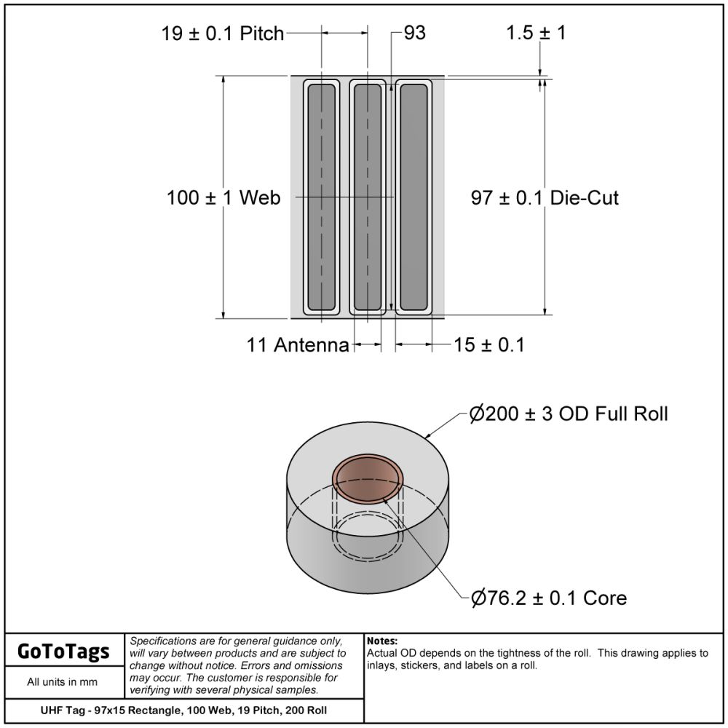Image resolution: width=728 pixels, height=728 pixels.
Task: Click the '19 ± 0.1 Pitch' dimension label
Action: point(222,33)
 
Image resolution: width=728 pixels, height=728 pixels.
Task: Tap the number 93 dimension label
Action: point(415,33)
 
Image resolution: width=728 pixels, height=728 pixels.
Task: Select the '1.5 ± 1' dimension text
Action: point(536,33)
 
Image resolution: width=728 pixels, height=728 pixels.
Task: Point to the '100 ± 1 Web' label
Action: point(223,198)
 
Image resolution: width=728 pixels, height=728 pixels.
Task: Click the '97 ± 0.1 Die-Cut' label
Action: point(545,198)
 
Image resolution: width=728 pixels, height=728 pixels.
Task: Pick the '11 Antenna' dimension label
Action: point(298,345)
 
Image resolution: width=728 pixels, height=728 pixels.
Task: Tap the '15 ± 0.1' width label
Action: point(489,345)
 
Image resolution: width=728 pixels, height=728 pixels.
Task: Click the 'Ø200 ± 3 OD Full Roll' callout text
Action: point(569,414)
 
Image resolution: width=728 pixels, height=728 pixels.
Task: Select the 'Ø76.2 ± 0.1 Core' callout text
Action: point(549,598)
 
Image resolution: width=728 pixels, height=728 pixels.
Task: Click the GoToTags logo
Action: point(63,651)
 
